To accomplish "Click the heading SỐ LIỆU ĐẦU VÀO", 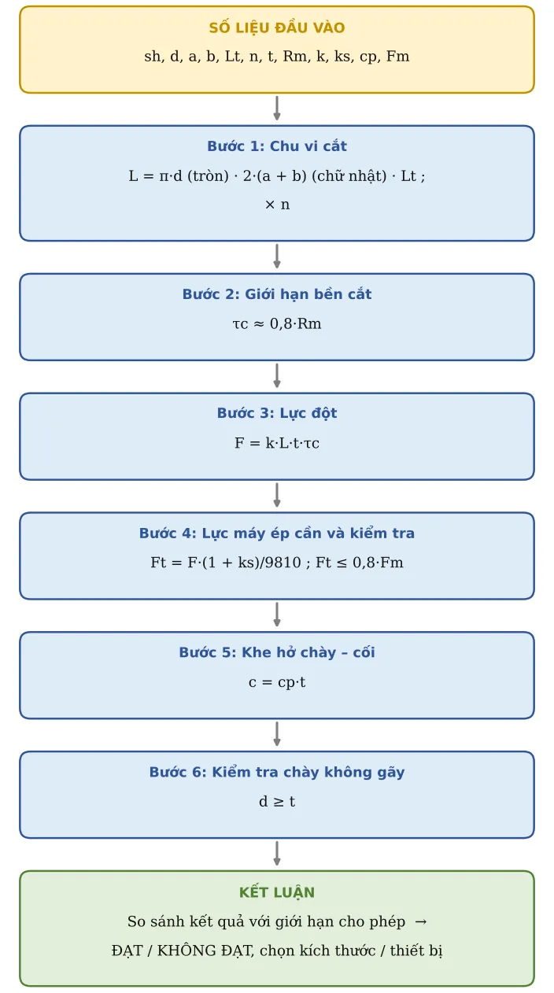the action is coord(276,27).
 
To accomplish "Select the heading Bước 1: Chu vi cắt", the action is coord(276,146).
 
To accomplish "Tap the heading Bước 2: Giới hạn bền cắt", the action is coord(276,294).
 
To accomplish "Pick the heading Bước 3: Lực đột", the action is coord(276,413).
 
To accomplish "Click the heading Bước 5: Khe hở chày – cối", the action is coord(276,652).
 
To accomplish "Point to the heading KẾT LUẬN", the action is coord(276,891).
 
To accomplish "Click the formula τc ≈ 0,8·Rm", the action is coord(276,323).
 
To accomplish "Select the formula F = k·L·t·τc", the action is coord(276,443).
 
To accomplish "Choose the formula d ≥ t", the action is coord(276,802).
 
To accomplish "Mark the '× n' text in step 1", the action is coord(277,205).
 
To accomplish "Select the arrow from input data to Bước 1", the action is coord(276,108).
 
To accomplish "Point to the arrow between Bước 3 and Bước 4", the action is coord(276,495).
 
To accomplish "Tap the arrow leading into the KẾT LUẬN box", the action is coord(276,853).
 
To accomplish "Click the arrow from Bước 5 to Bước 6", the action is coord(276,733).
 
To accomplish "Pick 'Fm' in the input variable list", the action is coord(397,57).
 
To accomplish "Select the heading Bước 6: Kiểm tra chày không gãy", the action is coord(276,772).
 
